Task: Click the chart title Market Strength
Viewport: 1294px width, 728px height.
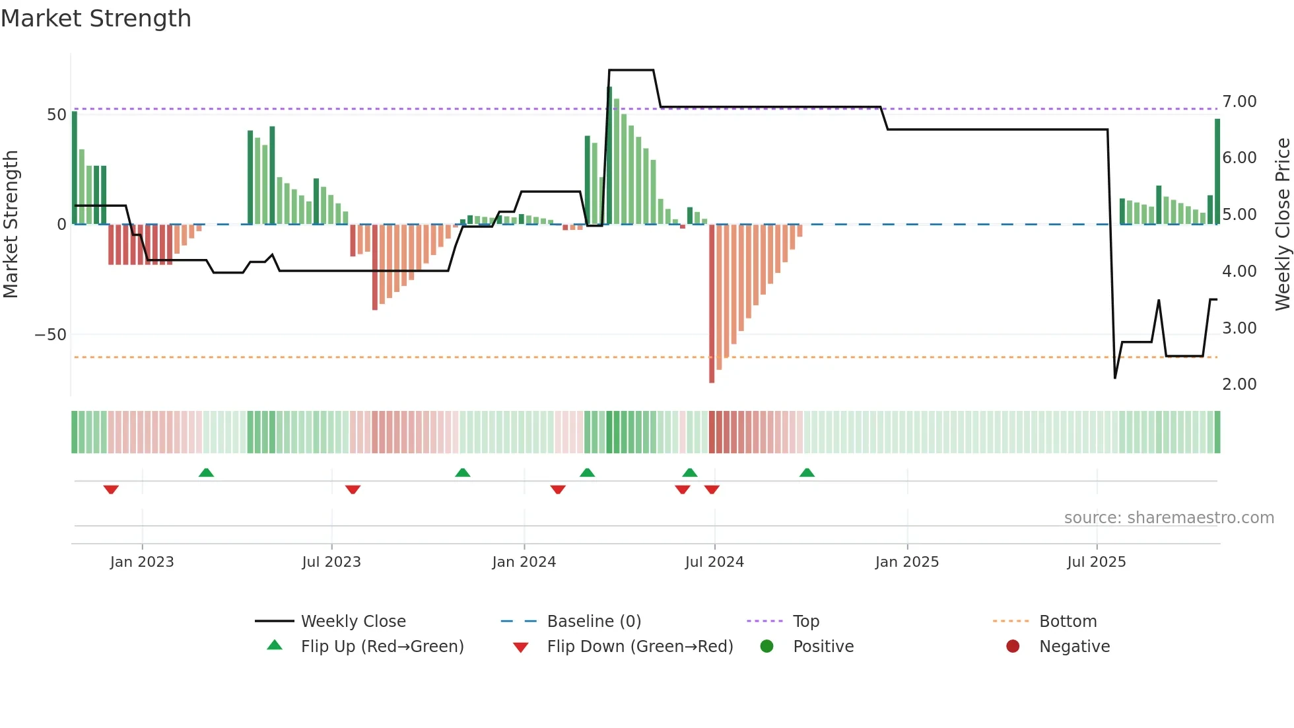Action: [96, 18]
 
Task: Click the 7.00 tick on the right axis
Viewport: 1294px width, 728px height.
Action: [1239, 101]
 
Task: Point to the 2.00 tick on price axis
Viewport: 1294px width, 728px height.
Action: [1239, 384]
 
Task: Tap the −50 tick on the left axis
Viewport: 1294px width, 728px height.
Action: [51, 334]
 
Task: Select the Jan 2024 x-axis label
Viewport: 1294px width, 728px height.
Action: [524, 562]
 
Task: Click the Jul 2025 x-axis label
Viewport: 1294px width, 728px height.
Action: [1096, 562]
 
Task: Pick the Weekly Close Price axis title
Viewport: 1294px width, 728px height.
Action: [1282, 225]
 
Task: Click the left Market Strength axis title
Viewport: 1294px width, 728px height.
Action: [11, 225]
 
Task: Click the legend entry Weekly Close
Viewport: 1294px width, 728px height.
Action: [353, 622]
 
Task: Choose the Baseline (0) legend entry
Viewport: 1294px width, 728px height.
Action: [594, 622]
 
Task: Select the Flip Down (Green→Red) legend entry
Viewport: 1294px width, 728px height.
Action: [640, 647]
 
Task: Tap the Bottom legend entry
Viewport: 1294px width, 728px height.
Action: [1068, 622]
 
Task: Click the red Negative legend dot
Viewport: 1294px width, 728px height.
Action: [1012, 647]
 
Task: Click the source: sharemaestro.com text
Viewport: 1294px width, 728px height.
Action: [1169, 518]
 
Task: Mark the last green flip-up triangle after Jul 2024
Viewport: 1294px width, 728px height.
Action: [807, 472]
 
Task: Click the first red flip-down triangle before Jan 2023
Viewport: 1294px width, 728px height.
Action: [111, 490]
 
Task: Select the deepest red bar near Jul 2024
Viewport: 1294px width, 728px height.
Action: [712, 304]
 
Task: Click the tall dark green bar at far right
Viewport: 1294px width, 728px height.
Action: [1217, 172]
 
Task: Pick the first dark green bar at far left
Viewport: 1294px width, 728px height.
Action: [75, 168]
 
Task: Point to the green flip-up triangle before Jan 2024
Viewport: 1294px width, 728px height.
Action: [463, 472]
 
